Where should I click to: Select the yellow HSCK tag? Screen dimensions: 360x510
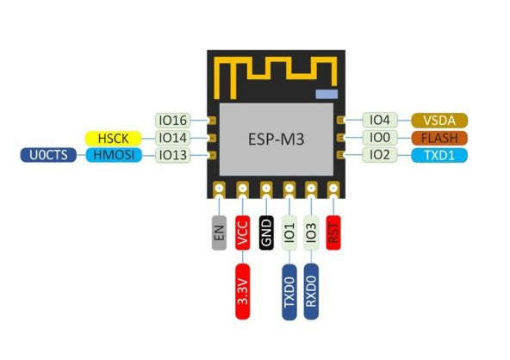[118, 138]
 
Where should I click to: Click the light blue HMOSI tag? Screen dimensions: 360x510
[118, 155]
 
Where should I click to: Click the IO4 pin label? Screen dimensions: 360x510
[380, 121]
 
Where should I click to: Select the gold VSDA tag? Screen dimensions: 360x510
[439, 121]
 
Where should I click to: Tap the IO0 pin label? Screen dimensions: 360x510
[380, 138]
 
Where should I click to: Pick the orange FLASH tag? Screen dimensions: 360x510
[439, 138]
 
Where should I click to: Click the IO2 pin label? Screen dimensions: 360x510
[380, 155]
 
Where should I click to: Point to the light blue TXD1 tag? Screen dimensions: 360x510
[439, 155]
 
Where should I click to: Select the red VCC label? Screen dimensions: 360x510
[244, 233]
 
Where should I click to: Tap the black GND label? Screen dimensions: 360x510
[267, 233]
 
